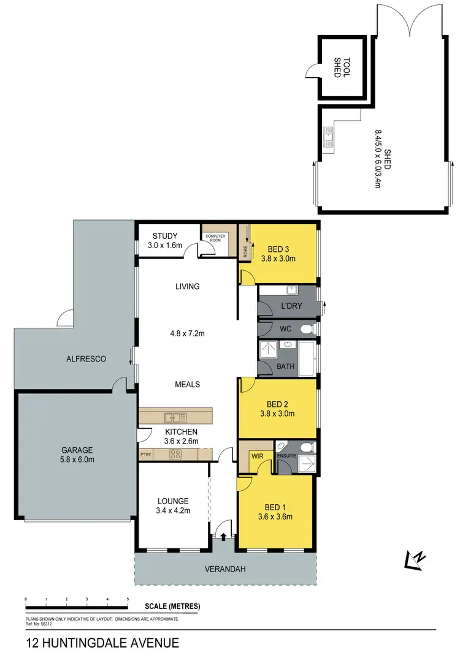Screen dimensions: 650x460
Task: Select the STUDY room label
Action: point(165,236)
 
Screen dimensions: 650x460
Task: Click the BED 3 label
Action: point(278,249)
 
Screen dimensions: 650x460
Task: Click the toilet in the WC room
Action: point(307,330)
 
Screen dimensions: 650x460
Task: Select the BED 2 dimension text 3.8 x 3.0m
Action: point(278,414)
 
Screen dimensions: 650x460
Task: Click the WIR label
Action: point(258,456)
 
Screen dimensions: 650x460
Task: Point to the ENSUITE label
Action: point(286,456)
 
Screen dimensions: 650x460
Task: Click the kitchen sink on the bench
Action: point(175,418)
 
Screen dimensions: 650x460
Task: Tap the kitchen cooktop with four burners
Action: point(175,455)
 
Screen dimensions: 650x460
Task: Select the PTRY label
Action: point(145,455)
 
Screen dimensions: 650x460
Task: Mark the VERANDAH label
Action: point(226,569)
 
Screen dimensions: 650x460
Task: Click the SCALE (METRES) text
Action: point(173,607)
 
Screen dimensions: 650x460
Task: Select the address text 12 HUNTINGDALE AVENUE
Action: point(102,643)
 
